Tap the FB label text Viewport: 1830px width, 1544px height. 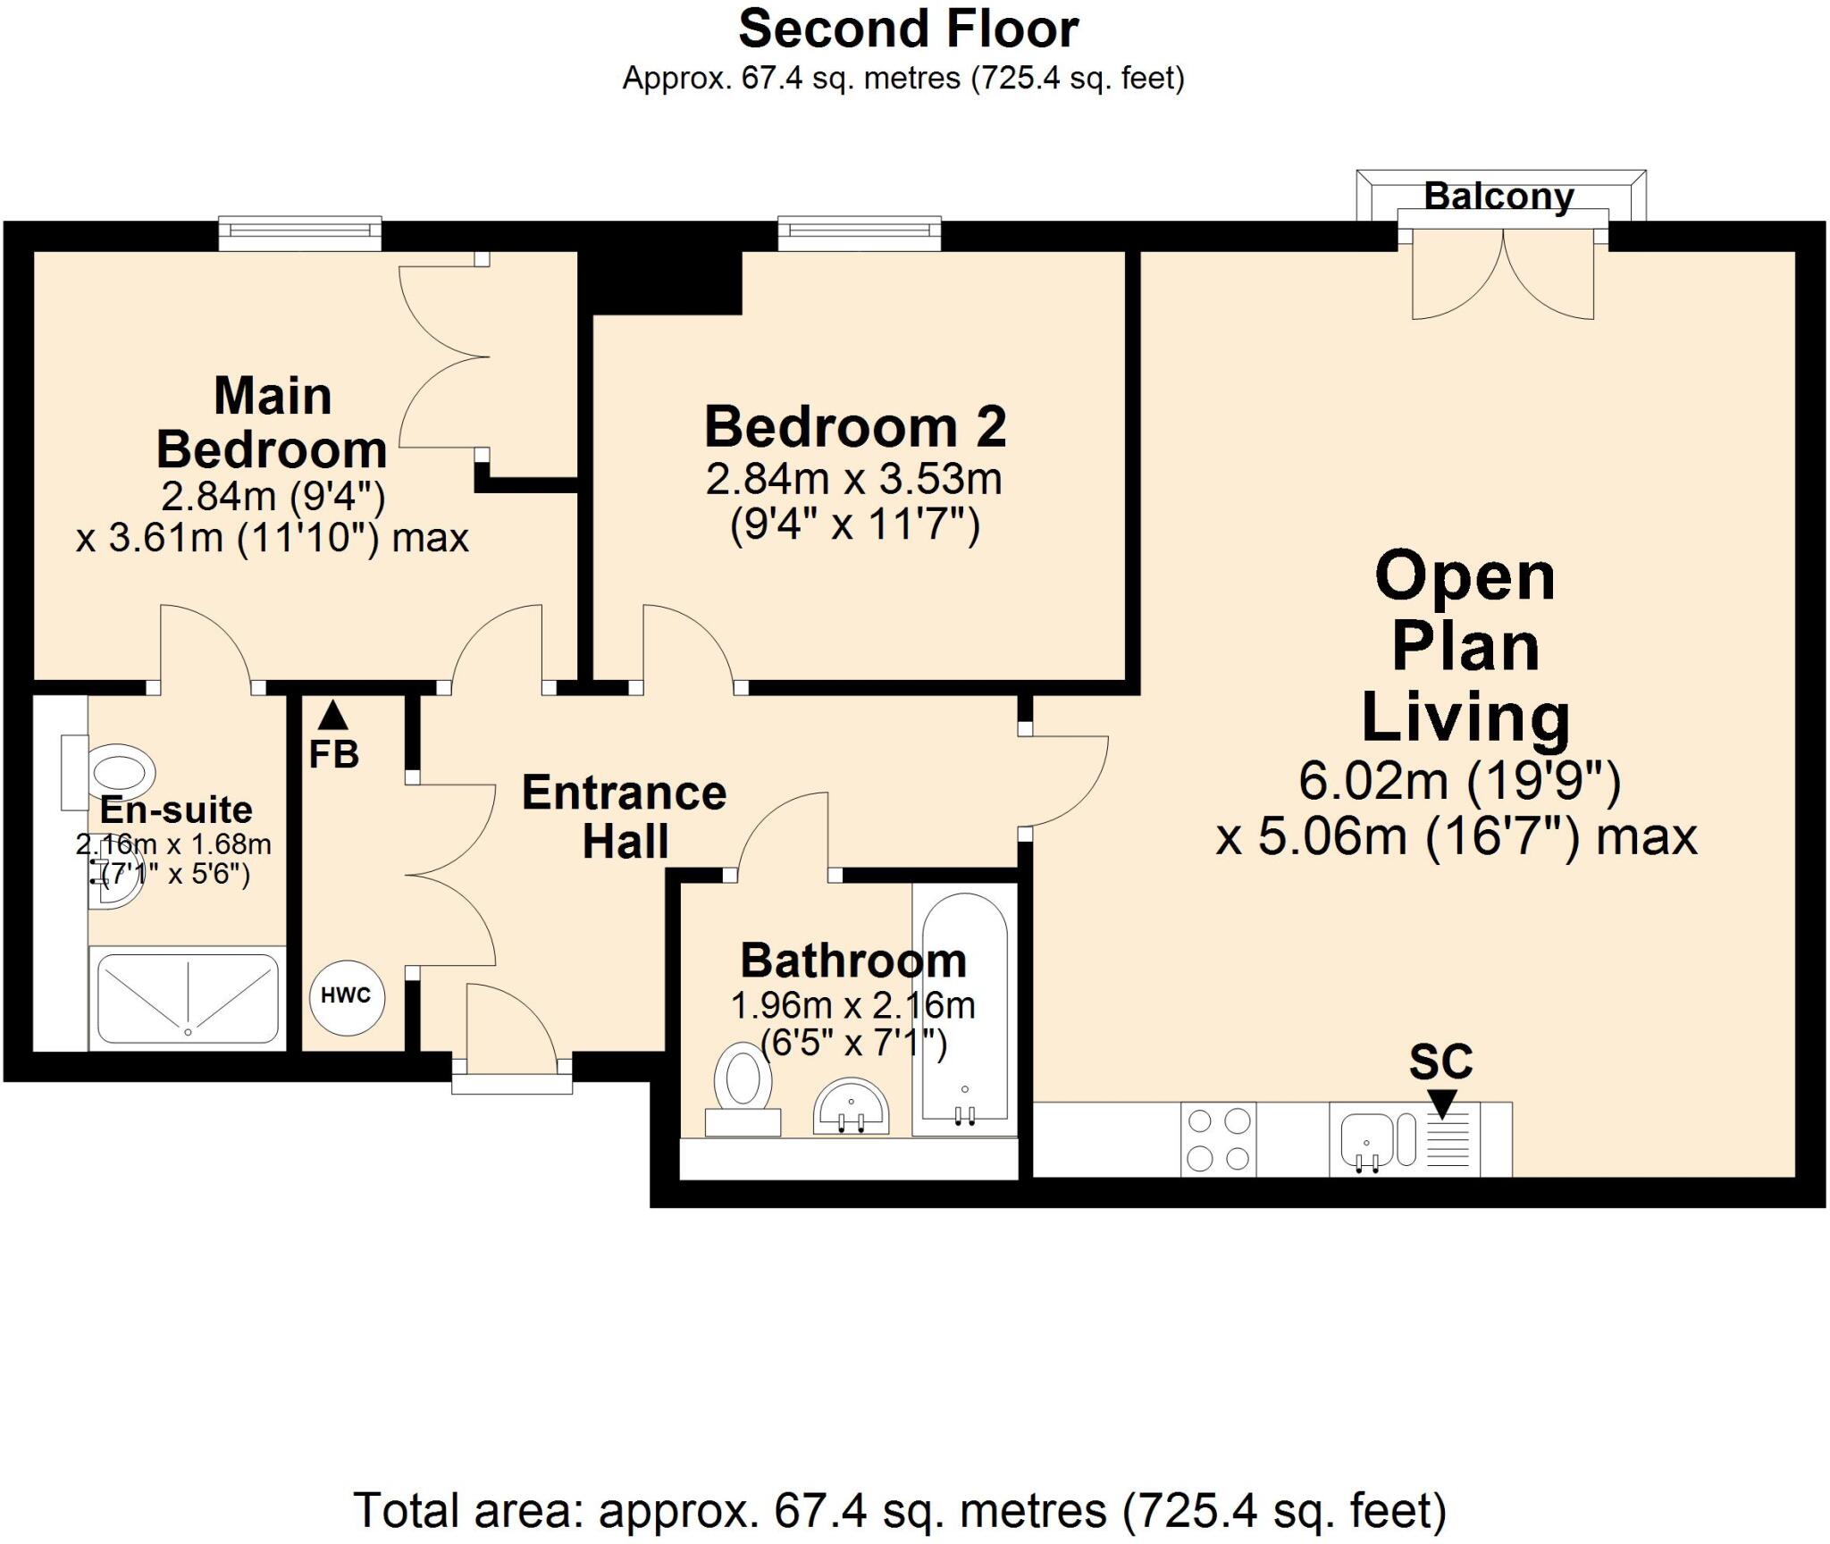point(334,755)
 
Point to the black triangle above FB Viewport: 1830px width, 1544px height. point(333,715)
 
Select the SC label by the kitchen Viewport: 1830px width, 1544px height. point(1440,1061)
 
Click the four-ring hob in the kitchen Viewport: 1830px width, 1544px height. point(1218,1139)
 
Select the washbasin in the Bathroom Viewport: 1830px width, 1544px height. point(852,1106)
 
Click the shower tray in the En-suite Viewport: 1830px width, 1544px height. point(188,998)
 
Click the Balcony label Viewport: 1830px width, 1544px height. point(1498,196)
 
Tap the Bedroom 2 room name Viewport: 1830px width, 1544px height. point(855,426)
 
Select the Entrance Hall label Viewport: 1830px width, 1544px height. point(625,817)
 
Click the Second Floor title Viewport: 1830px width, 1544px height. point(908,29)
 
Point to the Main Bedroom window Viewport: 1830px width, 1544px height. point(301,232)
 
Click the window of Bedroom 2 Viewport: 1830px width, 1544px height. point(860,232)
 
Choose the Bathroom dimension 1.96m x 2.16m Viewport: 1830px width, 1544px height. point(852,1006)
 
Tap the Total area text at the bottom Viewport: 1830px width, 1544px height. point(900,1510)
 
